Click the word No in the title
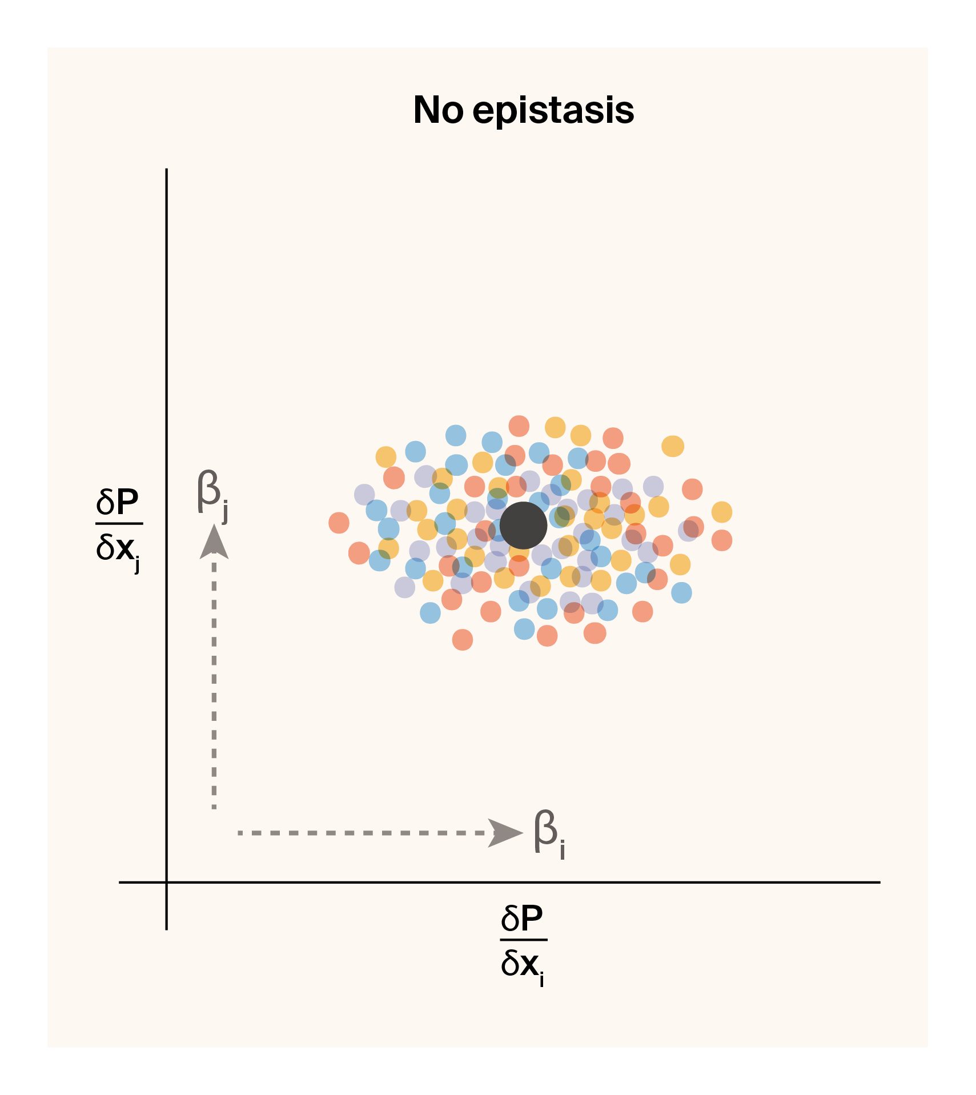[x=438, y=110]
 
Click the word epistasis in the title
[x=553, y=111]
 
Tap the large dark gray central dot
[x=523, y=526]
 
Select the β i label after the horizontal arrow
[x=548, y=832]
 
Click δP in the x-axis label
[x=522, y=918]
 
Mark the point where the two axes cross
[x=166, y=883]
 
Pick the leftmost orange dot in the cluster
[x=339, y=523]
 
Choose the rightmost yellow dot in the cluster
[x=721, y=512]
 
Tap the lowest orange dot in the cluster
[x=463, y=640]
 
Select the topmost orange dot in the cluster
[x=519, y=426]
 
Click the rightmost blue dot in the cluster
[x=681, y=592]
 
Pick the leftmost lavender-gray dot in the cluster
[x=364, y=494]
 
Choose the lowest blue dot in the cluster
[x=524, y=629]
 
